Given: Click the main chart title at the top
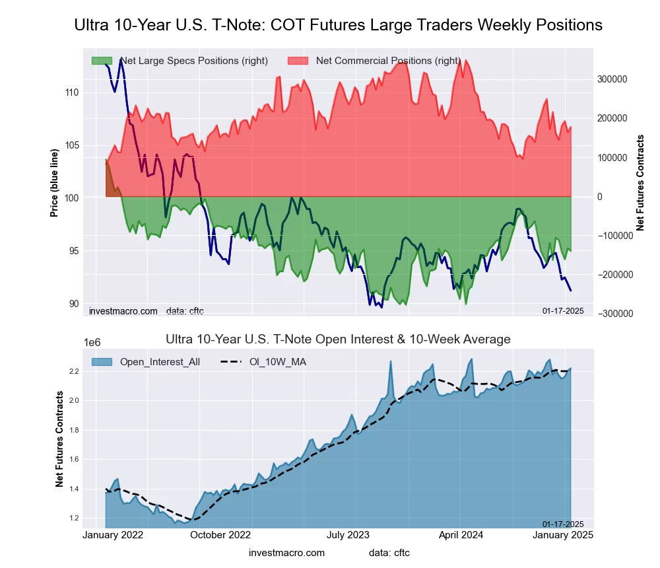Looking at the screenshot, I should pyautogui.click(x=338, y=25).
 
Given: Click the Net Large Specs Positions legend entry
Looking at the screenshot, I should pyautogui.click(x=180, y=61).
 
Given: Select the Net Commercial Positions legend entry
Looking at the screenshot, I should pyautogui.click(x=375, y=61).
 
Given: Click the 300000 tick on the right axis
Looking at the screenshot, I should pyautogui.click(x=611, y=79).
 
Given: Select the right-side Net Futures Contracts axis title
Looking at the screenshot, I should pyautogui.click(x=640, y=183).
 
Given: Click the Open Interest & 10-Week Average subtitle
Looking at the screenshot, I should pyautogui.click(x=337, y=339).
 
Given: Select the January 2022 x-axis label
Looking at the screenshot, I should pyautogui.click(x=115, y=535).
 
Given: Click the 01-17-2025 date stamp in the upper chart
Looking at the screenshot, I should pyautogui.click(x=563, y=310).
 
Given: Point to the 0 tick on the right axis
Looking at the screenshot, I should pyautogui.click(x=600, y=197).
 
